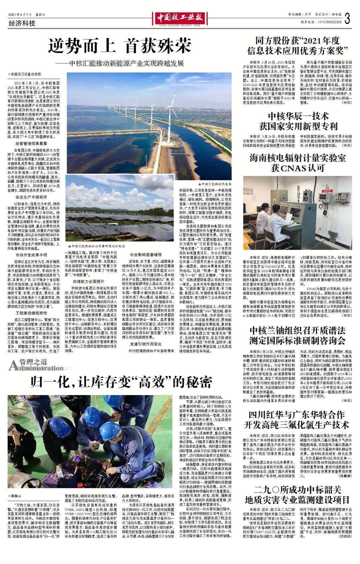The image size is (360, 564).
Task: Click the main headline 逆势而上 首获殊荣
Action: tap(119, 46)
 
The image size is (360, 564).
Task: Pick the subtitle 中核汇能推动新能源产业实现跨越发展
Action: tap(120, 63)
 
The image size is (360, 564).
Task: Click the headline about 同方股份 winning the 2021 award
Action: tap(297, 46)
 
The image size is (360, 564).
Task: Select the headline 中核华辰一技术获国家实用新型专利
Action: tap(298, 121)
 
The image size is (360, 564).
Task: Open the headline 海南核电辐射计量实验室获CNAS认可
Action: tap(298, 163)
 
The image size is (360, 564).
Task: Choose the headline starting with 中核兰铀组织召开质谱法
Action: tap(297, 335)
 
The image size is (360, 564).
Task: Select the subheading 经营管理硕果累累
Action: tap(31, 144)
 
